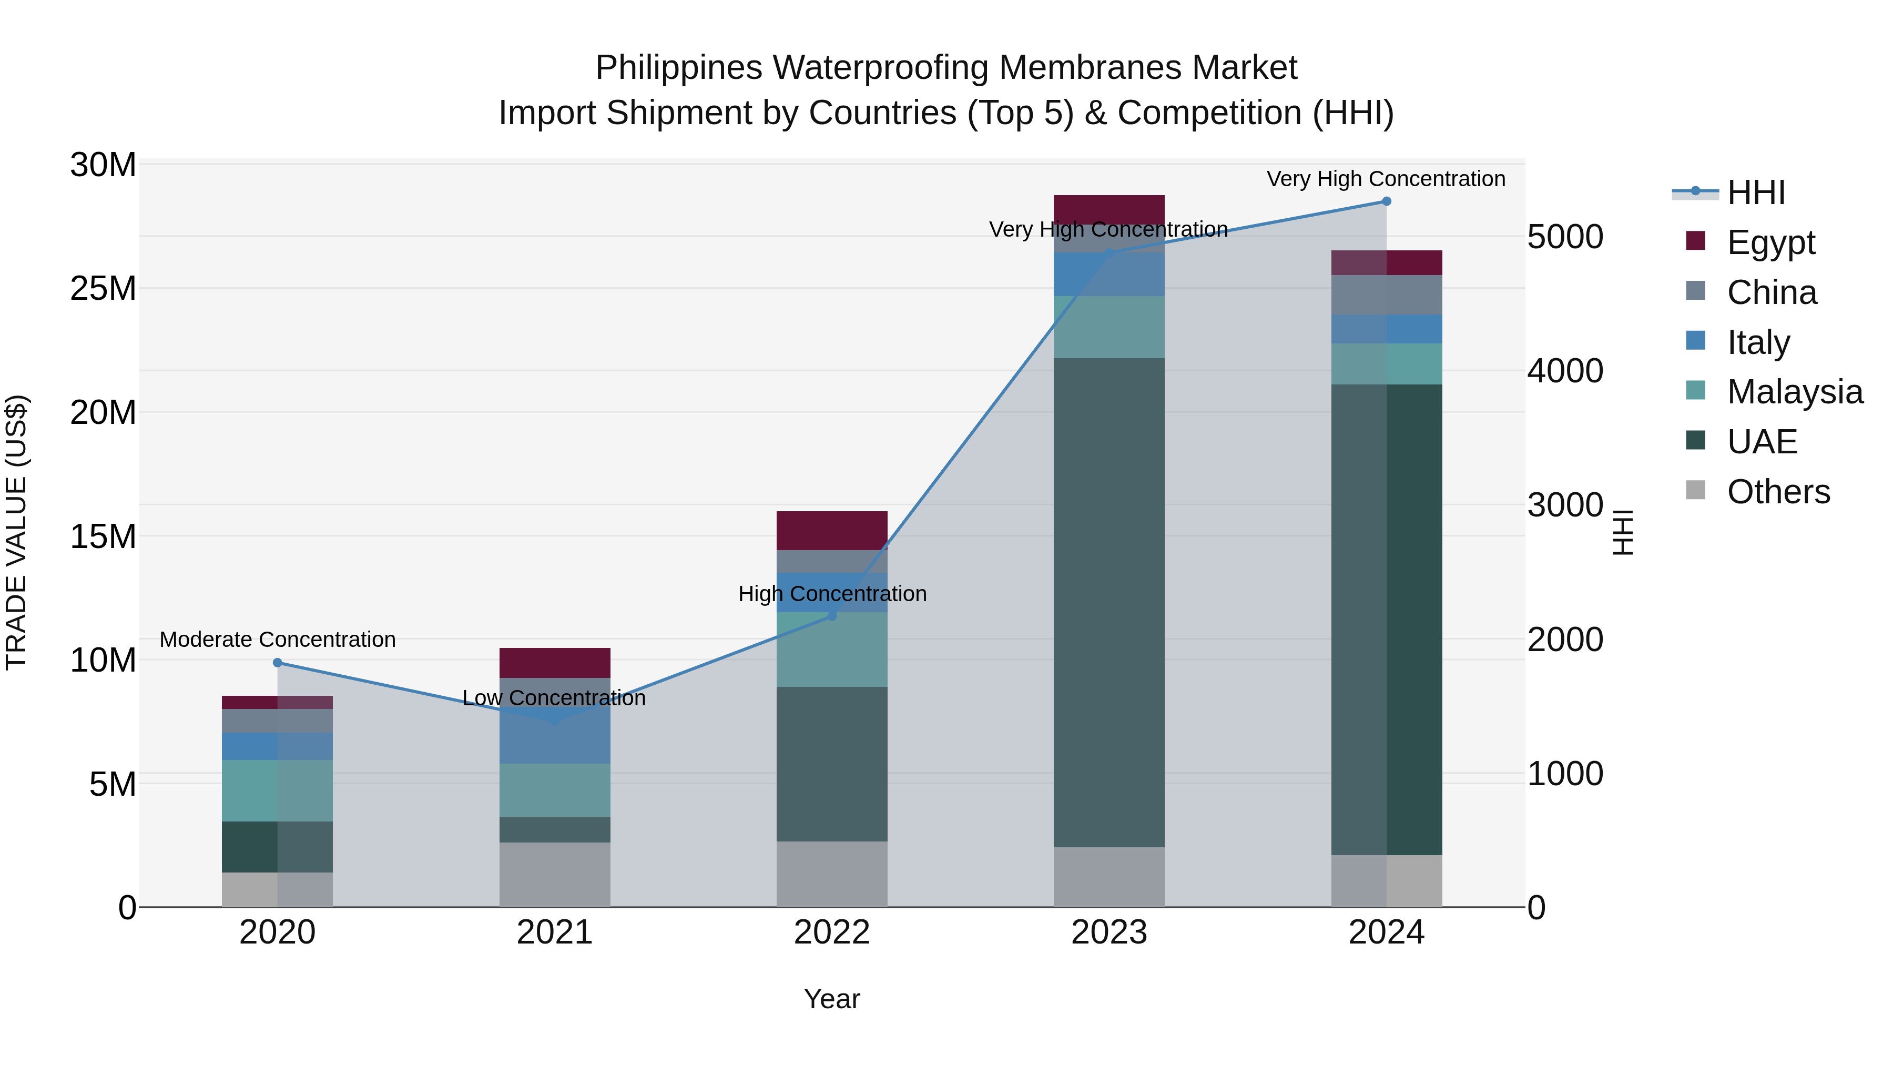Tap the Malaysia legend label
click(x=1795, y=392)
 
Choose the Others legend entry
click(x=1778, y=492)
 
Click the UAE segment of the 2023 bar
click(x=1109, y=603)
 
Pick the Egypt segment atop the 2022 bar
click(x=832, y=530)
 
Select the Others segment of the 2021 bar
click(x=555, y=875)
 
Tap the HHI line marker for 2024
click(x=1387, y=201)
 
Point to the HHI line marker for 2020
click(x=278, y=663)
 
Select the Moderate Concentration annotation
click(x=278, y=640)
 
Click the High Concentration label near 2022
click(x=832, y=594)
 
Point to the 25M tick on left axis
click(x=103, y=289)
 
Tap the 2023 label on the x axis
click(x=1109, y=932)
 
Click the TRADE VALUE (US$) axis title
click(x=16, y=532)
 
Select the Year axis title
click(x=832, y=999)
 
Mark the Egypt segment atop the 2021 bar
click(x=555, y=662)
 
